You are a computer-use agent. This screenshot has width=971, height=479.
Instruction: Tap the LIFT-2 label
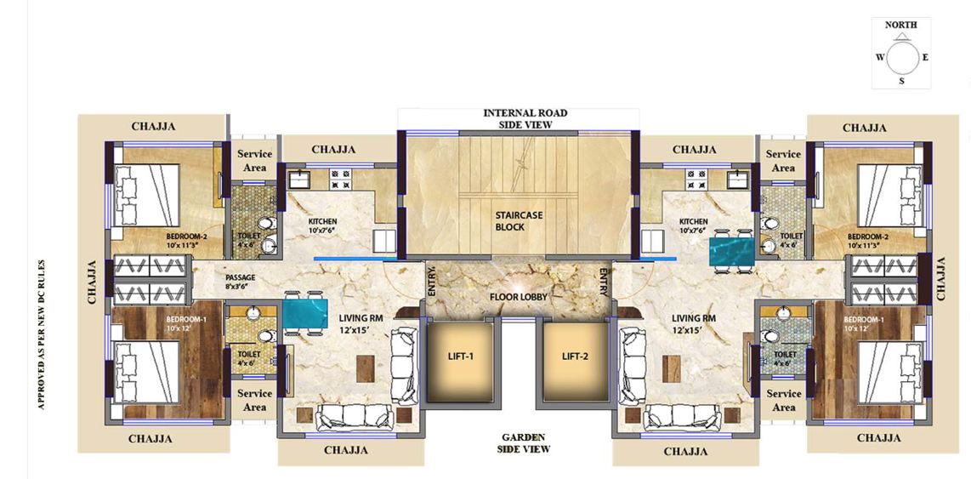click(575, 356)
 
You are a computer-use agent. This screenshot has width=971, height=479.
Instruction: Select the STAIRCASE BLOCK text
click(520, 221)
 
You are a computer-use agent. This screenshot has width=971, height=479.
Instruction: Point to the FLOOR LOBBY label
click(518, 297)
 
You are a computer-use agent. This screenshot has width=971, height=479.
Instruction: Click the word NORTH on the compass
click(901, 26)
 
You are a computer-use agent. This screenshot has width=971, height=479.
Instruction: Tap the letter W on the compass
click(879, 58)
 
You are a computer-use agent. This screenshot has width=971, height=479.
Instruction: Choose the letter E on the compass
click(925, 58)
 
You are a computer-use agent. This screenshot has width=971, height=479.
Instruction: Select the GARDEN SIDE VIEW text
click(523, 442)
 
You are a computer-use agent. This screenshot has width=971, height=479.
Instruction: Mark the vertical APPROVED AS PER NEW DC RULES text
click(41, 334)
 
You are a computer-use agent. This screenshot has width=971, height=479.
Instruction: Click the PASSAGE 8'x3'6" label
click(241, 282)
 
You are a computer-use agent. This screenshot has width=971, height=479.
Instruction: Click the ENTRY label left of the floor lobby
click(432, 282)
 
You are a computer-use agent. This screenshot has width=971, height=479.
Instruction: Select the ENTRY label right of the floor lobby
click(604, 282)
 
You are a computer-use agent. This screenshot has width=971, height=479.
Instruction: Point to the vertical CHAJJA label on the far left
click(92, 282)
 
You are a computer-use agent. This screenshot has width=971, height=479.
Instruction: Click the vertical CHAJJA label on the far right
click(941, 278)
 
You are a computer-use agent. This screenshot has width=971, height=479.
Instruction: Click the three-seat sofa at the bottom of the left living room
click(355, 417)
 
